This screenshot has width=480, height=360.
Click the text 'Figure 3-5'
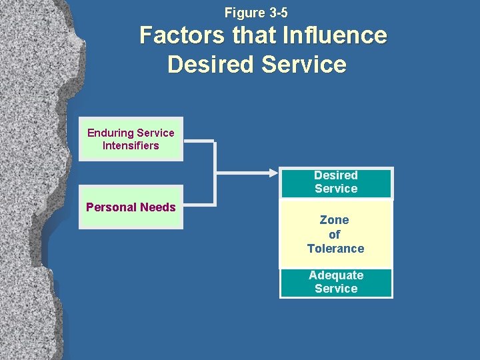click(x=256, y=13)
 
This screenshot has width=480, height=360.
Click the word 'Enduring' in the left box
click(x=109, y=133)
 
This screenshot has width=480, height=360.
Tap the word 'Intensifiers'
click(x=131, y=145)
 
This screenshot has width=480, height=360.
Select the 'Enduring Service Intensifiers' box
click(x=131, y=139)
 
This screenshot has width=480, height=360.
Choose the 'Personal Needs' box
click(x=131, y=207)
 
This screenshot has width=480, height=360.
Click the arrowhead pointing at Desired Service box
click(x=273, y=173)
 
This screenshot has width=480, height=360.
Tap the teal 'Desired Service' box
click(x=336, y=183)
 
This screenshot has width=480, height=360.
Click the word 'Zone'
click(x=335, y=220)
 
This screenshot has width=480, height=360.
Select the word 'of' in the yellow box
click(x=335, y=234)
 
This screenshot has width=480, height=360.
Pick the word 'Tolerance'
click(x=335, y=249)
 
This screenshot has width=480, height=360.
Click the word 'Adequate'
click(x=336, y=275)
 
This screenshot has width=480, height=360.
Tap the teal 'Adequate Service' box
click(x=336, y=283)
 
